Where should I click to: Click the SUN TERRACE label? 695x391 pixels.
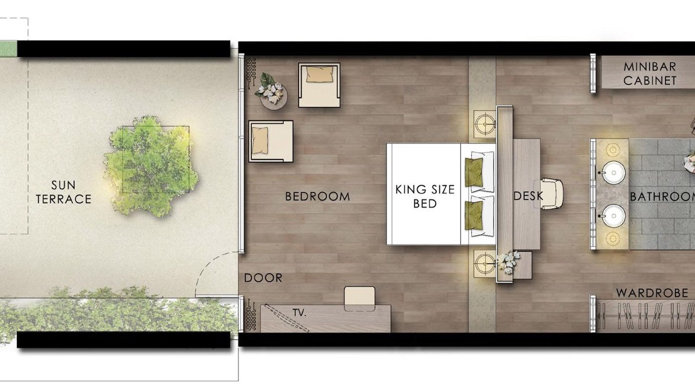click(64, 192)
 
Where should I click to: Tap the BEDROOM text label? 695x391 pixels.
click(318, 197)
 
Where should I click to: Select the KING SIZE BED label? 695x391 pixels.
click(425, 197)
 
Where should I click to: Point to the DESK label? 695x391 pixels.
click(528, 196)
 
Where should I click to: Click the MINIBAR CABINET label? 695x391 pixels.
click(650, 74)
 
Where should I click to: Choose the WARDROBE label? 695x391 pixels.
click(652, 293)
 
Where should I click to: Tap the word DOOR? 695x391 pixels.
click(263, 278)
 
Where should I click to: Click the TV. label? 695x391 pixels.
click(299, 312)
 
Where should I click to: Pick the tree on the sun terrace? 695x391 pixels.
click(151, 166)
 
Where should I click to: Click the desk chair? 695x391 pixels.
click(551, 194)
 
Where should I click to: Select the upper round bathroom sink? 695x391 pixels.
click(614, 173)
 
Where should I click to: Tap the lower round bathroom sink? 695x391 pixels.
click(614, 216)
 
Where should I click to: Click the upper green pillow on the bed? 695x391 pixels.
click(474, 172)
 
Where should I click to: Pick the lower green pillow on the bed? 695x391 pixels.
click(474, 216)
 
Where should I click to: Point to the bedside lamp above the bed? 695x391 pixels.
click(485, 124)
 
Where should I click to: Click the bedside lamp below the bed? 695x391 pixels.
click(485, 264)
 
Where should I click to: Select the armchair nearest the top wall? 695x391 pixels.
click(319, 85)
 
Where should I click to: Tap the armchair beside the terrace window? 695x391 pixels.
click(270, 141)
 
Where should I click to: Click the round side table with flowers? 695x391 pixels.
click(273, 96)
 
